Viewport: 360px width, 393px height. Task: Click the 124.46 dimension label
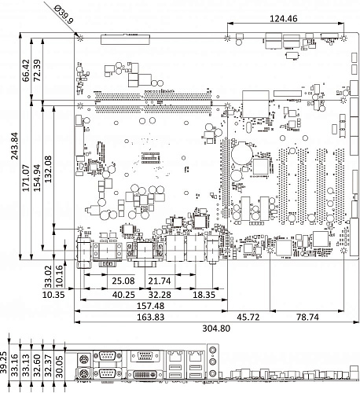284,19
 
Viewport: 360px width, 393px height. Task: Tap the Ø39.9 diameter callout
64,15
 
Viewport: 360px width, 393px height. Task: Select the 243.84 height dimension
15,146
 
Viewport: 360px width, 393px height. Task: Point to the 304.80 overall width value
216,328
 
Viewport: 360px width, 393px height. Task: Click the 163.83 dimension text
151,317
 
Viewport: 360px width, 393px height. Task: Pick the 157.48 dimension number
151,306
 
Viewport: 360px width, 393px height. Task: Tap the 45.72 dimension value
248,317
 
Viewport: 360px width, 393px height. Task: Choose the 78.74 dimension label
307,317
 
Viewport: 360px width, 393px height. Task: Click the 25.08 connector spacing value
123,281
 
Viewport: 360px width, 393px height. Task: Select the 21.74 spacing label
160,281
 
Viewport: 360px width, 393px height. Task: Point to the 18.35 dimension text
204,295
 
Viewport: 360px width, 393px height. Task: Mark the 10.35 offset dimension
53,295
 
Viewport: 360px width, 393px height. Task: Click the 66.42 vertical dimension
26,71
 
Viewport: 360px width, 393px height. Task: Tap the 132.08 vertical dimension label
49,169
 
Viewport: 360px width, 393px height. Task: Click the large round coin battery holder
242,153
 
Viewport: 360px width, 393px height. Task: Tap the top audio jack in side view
213,350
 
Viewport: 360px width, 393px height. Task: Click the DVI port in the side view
145,375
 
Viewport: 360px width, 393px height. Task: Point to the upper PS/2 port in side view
83,358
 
